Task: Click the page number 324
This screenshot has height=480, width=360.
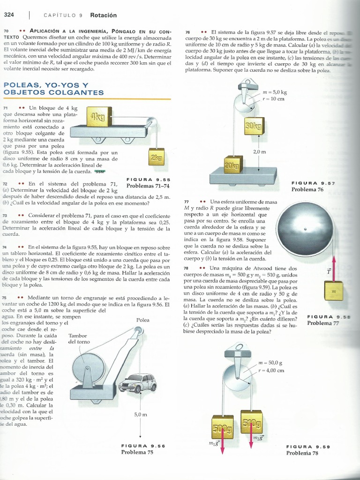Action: (x=9, y=15)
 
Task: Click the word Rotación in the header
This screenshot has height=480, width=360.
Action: (x=104, y=15)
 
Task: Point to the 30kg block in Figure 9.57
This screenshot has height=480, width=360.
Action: (x=254, y=126)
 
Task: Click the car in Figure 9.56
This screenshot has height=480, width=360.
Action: (x=137, y=383)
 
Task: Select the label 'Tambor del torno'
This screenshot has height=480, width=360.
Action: (x=79, y=338)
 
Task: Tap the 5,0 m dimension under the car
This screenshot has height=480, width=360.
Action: (x=141, y=414)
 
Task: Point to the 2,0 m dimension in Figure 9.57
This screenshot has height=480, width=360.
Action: (x=259, y=152)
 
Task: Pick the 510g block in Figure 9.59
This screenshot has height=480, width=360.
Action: (x=251, y=421)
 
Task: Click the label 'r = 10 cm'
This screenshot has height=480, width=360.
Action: (x=273, y=99)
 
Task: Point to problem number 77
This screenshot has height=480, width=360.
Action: (x=186, y=202)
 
